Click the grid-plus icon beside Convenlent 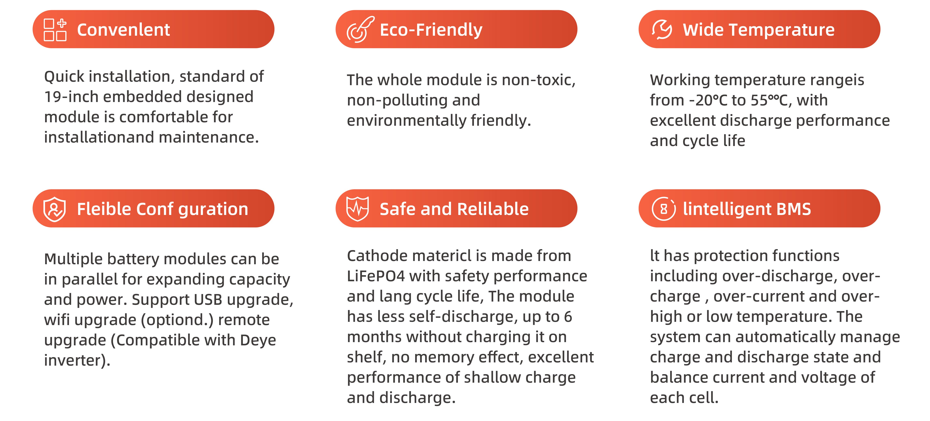point(55,30)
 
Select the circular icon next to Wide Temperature point(662,30)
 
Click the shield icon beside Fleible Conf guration point(55,209)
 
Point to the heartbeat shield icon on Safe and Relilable point(357,208)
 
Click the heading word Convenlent point(124,30)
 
